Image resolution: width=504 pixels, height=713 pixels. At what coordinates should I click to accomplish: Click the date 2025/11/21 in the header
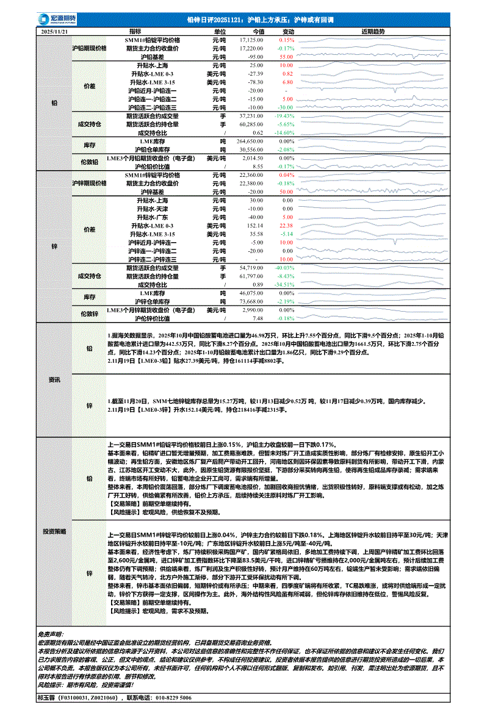pos(55,32)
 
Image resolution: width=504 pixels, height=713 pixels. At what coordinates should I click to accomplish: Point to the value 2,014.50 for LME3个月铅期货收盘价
pos(252,158)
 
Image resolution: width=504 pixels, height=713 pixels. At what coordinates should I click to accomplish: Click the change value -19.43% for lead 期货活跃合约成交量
pos(284,115)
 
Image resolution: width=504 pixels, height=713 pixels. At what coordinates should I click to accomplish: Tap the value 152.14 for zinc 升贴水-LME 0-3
pos(255,226)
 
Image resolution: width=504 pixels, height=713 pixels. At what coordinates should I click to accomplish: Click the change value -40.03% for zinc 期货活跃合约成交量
pos(284,268)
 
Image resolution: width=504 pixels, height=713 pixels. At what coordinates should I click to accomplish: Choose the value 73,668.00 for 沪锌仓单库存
pos(251,301)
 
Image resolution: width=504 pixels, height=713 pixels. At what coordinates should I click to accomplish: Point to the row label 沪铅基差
pos(153,56)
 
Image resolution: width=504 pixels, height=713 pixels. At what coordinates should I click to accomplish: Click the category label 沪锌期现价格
pos(89,183)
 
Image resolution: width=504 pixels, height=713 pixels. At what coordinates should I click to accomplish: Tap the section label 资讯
pos(55,379)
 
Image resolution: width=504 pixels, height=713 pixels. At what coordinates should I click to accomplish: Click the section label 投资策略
pos(55,523)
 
